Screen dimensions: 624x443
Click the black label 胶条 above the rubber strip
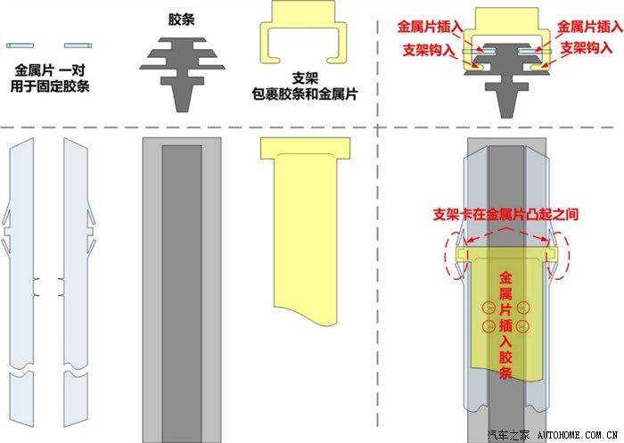point(182,20)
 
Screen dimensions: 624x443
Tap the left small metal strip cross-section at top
point(20,45)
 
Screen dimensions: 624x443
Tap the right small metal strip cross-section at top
point(78,45)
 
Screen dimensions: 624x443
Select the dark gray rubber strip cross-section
point(182,75)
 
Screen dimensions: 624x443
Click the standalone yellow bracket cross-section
point(303,32)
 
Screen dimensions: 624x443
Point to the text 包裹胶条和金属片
point(305,94)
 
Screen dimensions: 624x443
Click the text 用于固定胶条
point(50,86)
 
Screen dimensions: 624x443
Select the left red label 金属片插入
point(431,27)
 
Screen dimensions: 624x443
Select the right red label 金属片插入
point(590,27)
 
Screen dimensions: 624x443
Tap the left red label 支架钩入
point(429,50)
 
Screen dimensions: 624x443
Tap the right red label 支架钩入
point(587,48)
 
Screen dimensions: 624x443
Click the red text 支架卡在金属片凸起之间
point(505,215)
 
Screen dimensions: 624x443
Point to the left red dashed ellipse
point(456,255)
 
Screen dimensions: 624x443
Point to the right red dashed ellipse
point(558,255)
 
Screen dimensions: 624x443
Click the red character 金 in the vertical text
point(505,277)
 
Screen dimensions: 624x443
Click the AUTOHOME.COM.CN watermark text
point(578,435)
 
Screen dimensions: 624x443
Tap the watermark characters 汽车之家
point(509,435)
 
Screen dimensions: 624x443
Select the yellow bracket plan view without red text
point(305,230)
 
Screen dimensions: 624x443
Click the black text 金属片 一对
point(50,70)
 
